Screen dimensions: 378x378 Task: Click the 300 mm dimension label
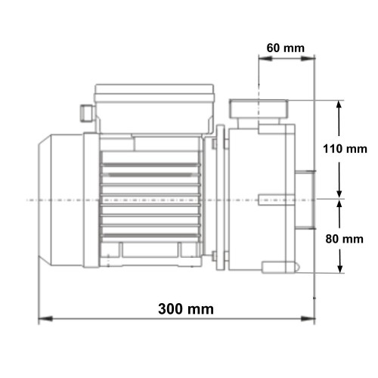186,309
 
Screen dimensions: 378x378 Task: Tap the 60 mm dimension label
286,48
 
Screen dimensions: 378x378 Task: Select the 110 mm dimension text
345,149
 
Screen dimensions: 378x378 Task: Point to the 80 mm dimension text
344,239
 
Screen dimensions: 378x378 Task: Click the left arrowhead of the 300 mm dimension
45,319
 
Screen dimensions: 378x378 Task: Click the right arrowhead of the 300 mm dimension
308,319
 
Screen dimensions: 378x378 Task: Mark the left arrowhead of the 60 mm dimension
265,58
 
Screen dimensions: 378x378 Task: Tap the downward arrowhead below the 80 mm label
340,266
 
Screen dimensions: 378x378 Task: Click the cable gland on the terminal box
87,113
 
